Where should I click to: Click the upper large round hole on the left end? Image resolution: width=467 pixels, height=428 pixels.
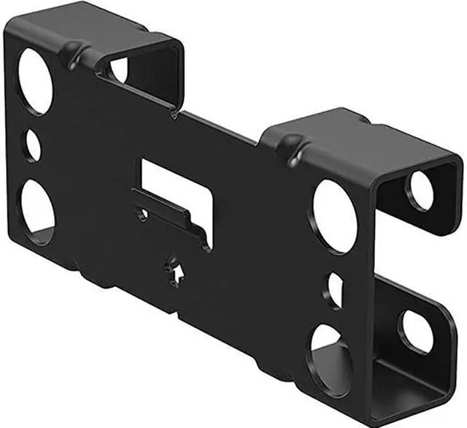coord(36,80)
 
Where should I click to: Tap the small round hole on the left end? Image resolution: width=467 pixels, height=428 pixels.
coord(34,145)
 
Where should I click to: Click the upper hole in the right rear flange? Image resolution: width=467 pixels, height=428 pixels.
coord(420,189)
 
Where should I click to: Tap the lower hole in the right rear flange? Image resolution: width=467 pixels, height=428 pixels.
coord(417,330)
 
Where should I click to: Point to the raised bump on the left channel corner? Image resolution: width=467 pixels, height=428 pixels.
coord(70,51)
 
